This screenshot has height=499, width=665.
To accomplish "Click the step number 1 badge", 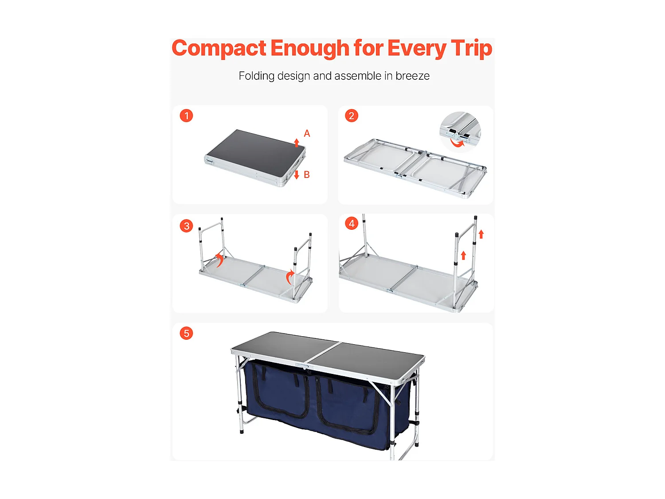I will click(186, 116).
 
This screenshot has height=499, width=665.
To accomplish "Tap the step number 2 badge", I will click(352, 116).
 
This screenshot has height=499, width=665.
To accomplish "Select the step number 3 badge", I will click(186, 226).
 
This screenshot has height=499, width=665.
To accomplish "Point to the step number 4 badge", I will click(352, 224).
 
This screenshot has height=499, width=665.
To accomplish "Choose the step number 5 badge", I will click(186, 333).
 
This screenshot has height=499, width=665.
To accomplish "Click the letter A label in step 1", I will click(307, 134).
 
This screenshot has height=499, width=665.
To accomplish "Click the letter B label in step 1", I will click(307, 175).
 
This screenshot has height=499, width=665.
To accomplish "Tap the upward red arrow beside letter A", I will click(297, 142).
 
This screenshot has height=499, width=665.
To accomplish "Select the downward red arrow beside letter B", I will click(297, 174).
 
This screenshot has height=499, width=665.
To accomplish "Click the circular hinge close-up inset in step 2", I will click(460, 132).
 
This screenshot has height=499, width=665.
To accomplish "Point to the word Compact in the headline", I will click(219, 48).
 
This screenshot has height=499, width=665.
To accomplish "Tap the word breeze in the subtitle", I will click(412, 76).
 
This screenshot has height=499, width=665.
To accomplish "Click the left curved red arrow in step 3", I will click(219, 260).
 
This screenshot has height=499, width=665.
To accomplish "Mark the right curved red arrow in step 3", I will click(290, 277).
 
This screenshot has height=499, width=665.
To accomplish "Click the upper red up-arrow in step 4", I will click(481, 234).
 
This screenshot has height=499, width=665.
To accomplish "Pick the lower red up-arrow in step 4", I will click(463, 255).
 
